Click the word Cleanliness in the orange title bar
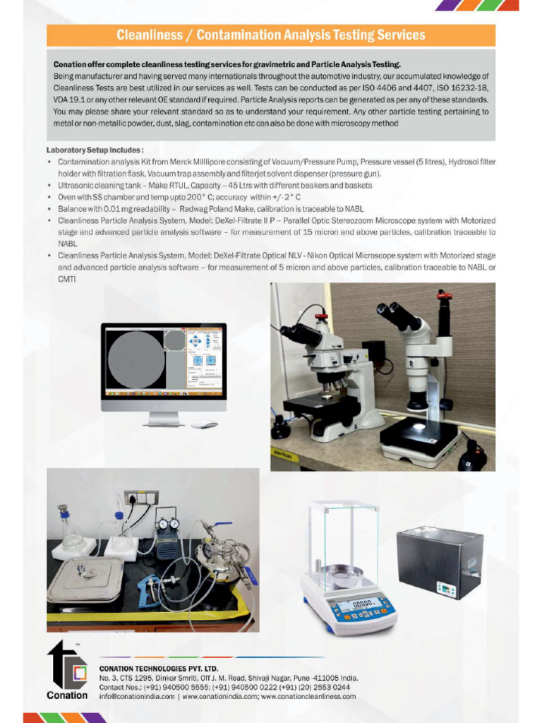[147, 35]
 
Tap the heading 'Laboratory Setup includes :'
[95, 150]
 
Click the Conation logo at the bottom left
[66, 671]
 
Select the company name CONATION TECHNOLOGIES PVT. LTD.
[159, 668]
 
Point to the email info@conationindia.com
[137, 696]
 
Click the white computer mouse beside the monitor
[204, 425]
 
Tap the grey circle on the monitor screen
[136, 359]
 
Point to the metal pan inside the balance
[342, 573]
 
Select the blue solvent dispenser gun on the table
[152, 587]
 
